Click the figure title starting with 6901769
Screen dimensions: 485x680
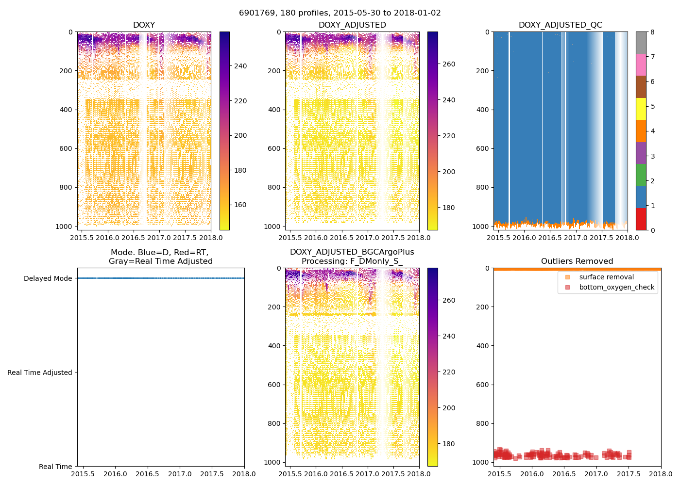point(340,13)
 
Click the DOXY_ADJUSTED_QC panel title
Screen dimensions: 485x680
point(560,25)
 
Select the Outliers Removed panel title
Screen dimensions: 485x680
point(577,261)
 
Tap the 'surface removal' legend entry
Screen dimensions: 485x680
point(606,277)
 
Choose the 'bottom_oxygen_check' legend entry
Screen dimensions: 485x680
point(616,287)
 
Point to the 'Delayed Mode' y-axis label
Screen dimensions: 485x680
point(48,278)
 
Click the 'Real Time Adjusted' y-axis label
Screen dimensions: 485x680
point(40,372)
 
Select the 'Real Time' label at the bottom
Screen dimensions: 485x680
point(55,467)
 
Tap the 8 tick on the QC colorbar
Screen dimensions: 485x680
point(652,32)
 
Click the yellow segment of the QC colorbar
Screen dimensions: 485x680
point(641,109)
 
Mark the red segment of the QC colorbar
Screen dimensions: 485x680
point(641,219)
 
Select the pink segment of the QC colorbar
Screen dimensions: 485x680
point(641,65)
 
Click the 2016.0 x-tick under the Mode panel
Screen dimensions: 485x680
point(115,474)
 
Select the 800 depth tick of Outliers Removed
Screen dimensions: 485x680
point(482,423)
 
